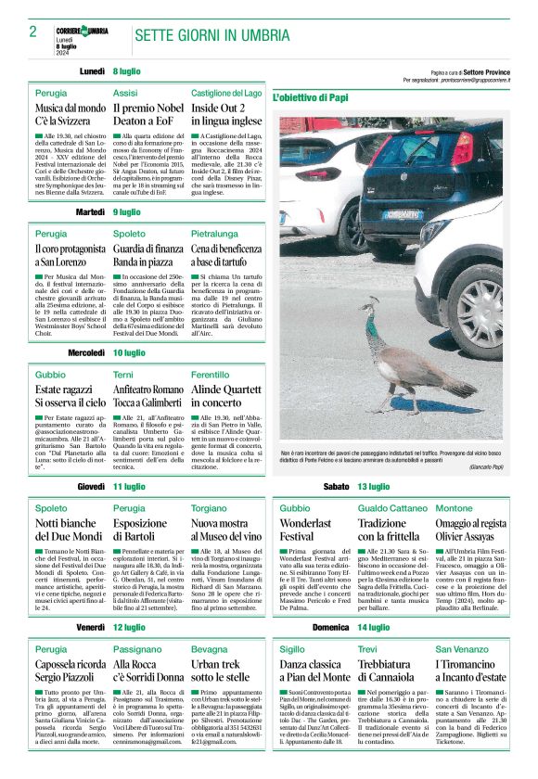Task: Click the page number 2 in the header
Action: pyautogui.click(x=32, y=32)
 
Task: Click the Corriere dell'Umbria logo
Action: pyautogui.click(x=81, y=31)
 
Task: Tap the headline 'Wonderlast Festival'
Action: pyautogui.click(x=309, y=530)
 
